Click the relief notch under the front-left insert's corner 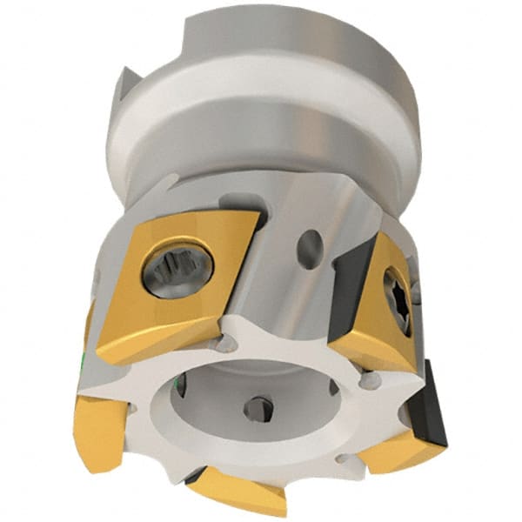tap(225, 344)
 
